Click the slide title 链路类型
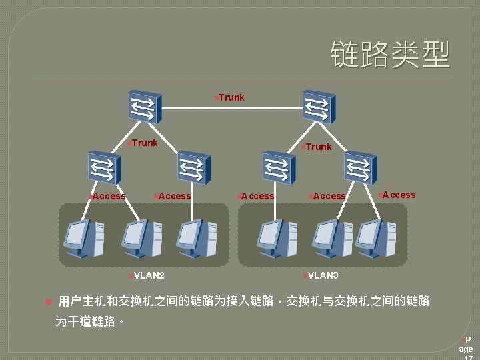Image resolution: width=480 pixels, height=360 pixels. [390, 54]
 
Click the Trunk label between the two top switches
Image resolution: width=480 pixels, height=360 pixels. [231, 97]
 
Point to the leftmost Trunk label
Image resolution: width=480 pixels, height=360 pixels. [143, 143]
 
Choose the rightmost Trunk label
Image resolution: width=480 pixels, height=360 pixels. [318, 147]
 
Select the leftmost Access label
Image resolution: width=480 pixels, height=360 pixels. [109, 196]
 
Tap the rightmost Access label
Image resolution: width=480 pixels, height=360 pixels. [398, 195]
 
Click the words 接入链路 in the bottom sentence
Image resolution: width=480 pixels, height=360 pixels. [251, 302]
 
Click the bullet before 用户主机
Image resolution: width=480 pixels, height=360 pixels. [47, 302]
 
